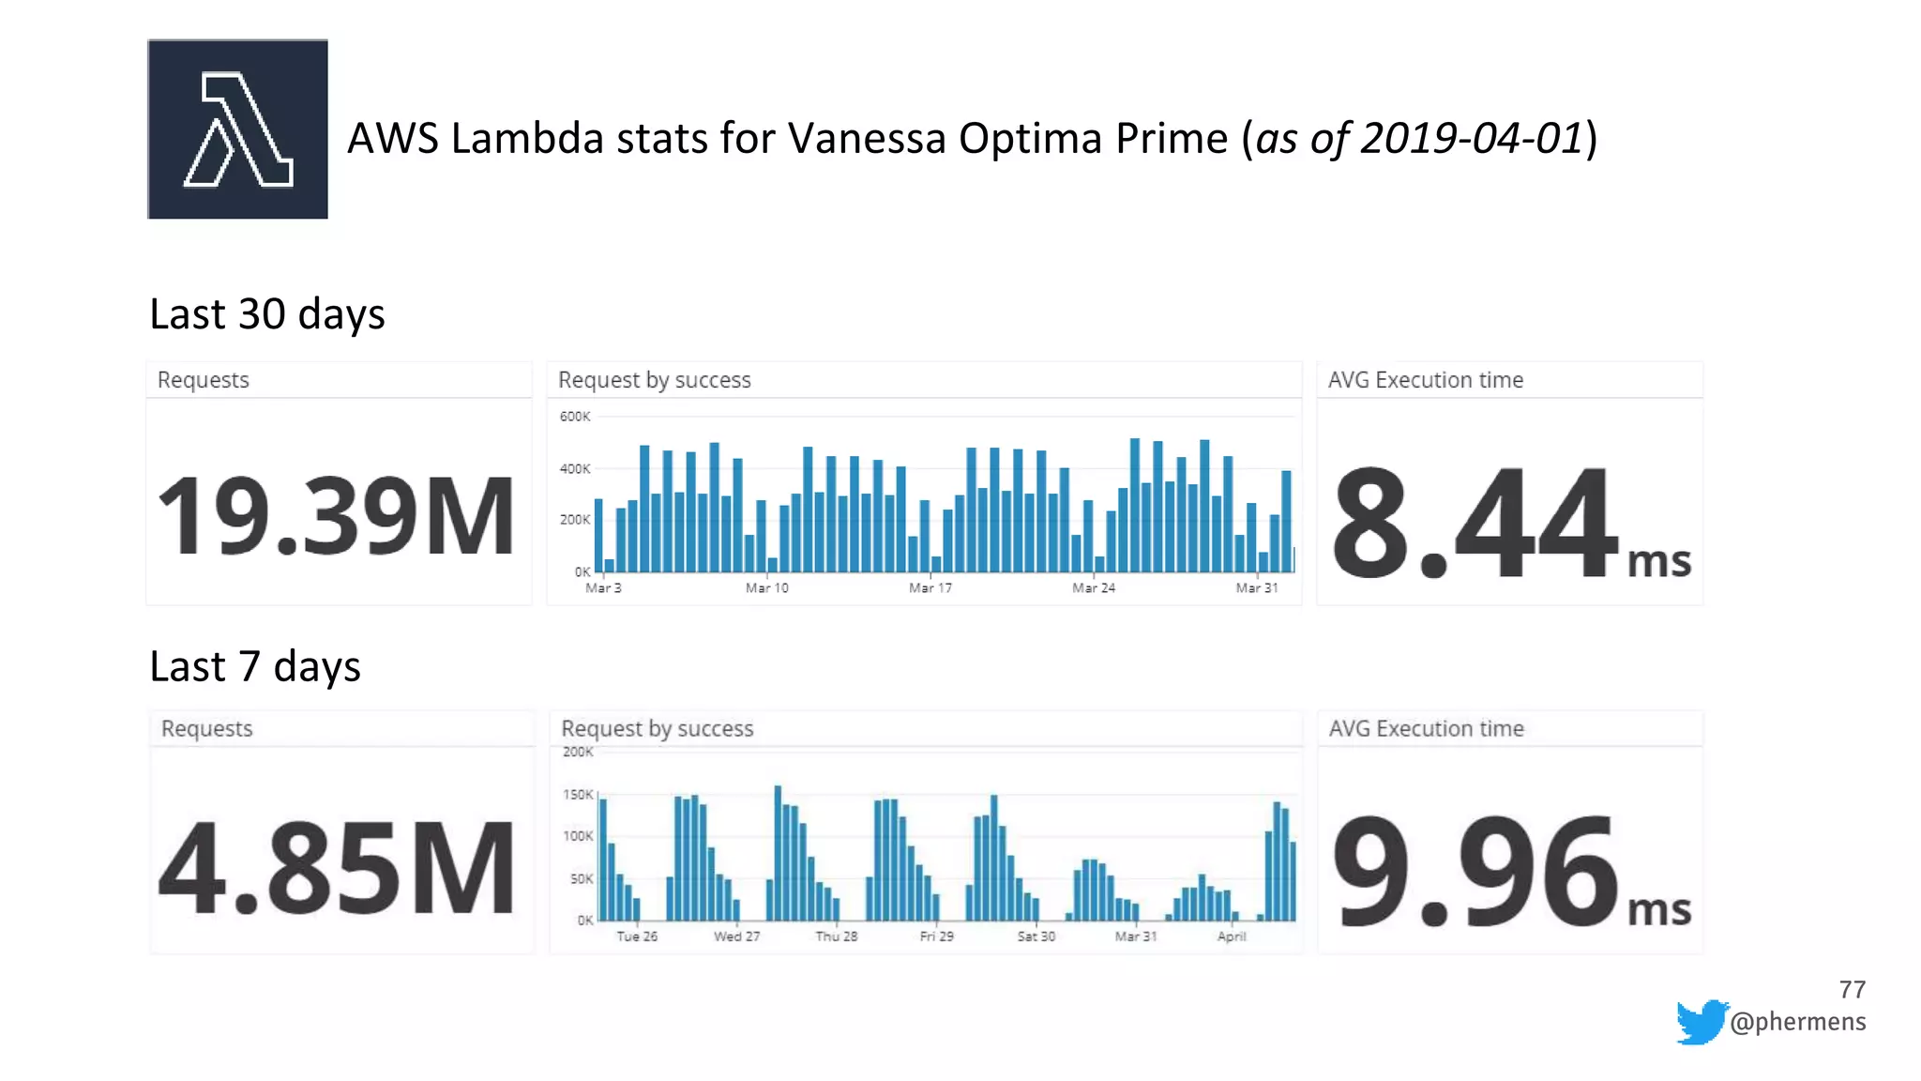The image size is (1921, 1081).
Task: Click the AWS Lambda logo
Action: pyautogui.click(x=237, y=129)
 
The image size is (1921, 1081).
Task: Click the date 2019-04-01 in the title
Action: pyautogui.click(x=1472, y=139)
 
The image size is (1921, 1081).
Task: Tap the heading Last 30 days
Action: pyautogui.click(x=267, y=314)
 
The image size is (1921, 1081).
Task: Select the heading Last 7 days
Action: pyautogui.click(x=255, y=667)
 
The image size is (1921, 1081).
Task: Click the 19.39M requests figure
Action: pyautogui.click(x=336, y=517)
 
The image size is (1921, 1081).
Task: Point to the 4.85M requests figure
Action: pyautogui.click(x=336, y=868)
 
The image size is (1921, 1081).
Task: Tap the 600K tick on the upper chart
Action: pyautogui.click(x=575, y=417)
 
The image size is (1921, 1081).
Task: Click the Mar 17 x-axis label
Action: pyautogui.click(x=930, y=588)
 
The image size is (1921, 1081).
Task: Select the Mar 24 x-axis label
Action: pyautogui.click(x=1094, y=588)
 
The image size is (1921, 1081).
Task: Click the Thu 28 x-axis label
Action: pyautogui.click(x=836, y=936)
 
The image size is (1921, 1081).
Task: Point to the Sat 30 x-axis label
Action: pyautogui.click(x=1036, y=936)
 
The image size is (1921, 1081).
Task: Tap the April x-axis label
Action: pyautogui.click(x=1232, y=936)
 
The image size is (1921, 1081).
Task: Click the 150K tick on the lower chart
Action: pyautogui.click(x=578, y=795)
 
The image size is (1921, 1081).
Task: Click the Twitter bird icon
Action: pyautogui.click(x=1701, y=1021)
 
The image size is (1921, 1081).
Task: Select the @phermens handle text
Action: pyautogui.click(x=1797, y=1022)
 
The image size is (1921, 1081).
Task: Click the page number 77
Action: pyautogui.click(x=1852, y=990)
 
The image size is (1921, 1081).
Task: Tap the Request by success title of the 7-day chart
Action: pyautogui.click(x=657, y=729)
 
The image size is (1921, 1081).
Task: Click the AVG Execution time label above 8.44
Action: pyautogui.click(x=1425, y=380)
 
